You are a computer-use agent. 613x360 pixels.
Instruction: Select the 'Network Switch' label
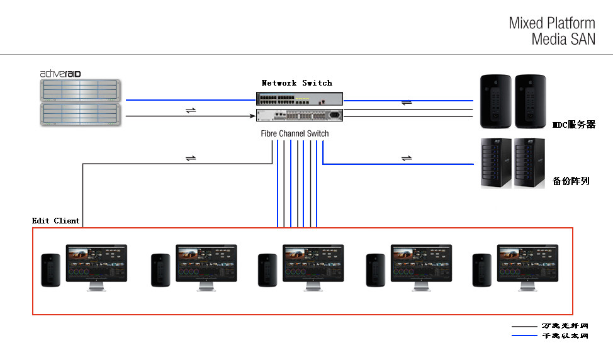coord(296,83)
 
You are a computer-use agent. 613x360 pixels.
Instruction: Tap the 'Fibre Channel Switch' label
coord(295,133)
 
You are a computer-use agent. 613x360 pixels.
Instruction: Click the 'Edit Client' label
coord(56,221)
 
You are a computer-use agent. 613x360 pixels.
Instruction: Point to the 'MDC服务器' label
coord(573,125)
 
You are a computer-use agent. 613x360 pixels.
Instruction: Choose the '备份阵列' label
coord(571,181)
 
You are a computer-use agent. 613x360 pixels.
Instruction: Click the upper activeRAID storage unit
coord(80,90)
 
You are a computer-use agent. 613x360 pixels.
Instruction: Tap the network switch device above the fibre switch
coord(300,99)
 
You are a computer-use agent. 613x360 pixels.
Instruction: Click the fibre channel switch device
coord(300,115)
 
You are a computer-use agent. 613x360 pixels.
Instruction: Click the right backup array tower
coord(529,163)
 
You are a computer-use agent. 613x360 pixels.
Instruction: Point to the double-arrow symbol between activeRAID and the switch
coord(190,111)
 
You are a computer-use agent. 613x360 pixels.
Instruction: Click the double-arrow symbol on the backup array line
coord(407,157)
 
